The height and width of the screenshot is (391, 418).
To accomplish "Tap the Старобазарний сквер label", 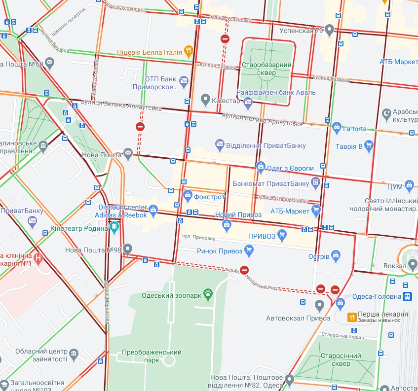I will point(266,69).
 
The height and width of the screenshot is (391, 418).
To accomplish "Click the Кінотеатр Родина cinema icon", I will point(114,228).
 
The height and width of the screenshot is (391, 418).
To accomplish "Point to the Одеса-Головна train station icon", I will point(408,296).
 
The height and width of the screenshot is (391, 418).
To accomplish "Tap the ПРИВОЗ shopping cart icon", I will point(282,235).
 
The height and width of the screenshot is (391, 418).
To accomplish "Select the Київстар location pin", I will point(206,101).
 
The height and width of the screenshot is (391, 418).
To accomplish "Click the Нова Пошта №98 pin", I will point(128,249).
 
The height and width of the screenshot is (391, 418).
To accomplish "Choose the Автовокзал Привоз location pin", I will point(319,307).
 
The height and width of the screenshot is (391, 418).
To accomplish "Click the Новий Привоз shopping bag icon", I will point(227,225).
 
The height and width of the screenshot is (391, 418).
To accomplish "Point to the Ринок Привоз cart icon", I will point(249,251).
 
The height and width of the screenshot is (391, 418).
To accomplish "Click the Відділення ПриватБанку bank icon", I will point(220,145).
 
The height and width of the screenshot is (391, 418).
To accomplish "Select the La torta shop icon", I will point(337,128).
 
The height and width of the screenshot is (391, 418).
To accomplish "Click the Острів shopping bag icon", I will point(336,256).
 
